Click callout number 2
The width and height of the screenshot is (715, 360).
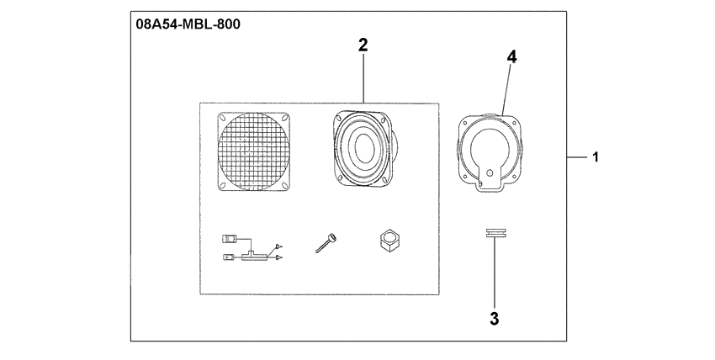(x=363, y=45)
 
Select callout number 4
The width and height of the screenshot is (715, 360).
(x=511, y=56)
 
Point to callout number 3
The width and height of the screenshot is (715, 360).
(x=495, y=319)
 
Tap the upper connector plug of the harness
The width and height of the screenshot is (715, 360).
(x=230, y=239)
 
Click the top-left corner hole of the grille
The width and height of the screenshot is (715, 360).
(x=223, y=119)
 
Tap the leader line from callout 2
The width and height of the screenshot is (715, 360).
(x=363, y=80)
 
